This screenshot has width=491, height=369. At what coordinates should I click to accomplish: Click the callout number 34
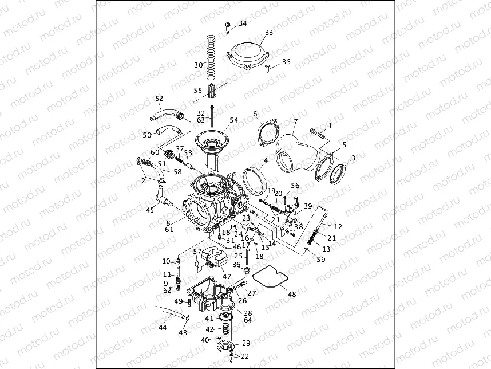243,23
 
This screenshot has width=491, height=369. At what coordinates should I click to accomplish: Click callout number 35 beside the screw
286,62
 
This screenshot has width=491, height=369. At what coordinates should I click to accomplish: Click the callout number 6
255,114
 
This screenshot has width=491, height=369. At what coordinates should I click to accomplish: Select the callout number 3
353,158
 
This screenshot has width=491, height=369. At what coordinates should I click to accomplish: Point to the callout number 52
159,98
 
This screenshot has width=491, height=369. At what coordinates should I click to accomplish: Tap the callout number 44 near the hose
163,328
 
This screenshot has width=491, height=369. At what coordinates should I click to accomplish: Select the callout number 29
246,343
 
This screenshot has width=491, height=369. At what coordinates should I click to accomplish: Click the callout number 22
245,356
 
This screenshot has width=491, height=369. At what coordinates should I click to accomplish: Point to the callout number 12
338,227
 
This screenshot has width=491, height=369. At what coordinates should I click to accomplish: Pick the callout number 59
320,260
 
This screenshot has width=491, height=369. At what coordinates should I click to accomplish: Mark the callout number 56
295,186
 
